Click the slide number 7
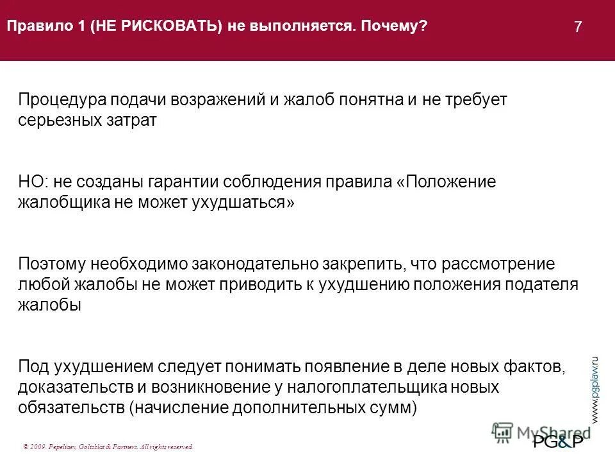point(578,27)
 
